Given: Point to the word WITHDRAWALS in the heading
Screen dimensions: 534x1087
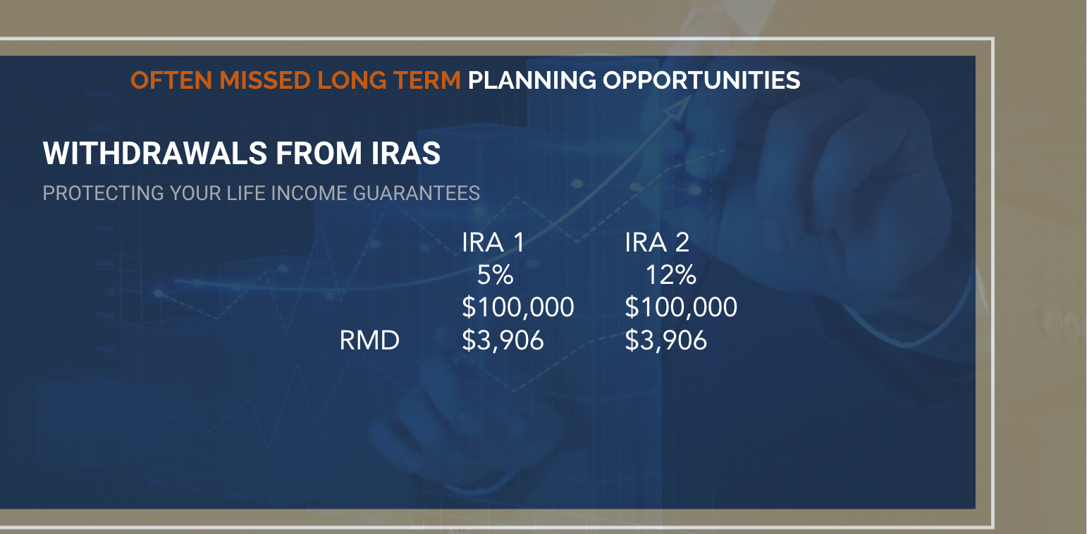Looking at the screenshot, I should tap(153, 154).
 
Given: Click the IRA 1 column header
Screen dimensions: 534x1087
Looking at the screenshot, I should tap(493, 242).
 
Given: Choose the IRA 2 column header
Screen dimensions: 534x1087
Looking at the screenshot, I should tap(657, 242).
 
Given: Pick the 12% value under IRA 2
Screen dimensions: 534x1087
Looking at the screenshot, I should tap(670, 275).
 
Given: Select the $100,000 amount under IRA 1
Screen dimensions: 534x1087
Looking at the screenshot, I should tap(517, 308).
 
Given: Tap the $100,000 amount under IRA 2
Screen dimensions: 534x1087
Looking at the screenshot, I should tap(681, 308).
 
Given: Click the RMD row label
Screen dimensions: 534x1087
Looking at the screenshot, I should tap(369, 341).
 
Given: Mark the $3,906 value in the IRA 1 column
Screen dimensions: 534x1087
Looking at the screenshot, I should tap(503, 341).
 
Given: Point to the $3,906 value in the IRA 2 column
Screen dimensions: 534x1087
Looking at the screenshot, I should tap(666, 341).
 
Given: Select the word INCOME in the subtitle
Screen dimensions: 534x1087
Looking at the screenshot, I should tap(307, 193).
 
